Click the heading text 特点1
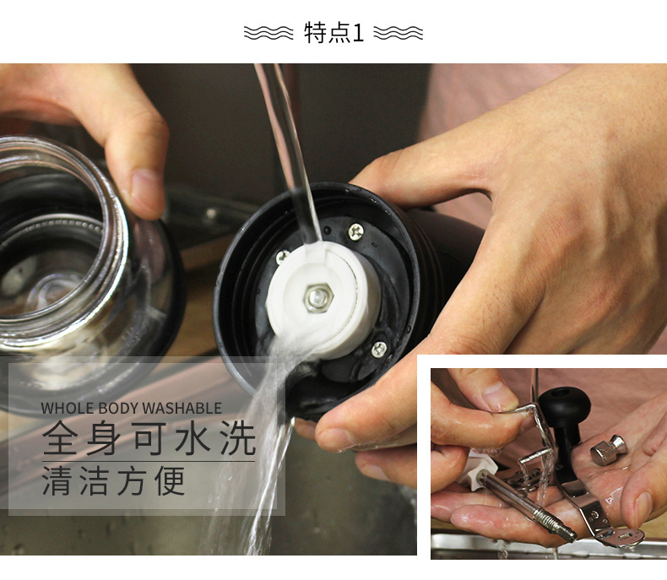coord(334,33)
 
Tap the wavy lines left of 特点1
coord(268,33)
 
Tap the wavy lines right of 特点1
coord(399,33)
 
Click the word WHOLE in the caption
coord(68,409)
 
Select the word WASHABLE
coord(182,409)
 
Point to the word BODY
coord(118,409)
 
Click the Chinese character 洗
coord(237,437)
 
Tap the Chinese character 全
coord(60,437)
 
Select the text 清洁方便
coord(114,481)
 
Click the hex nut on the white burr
coord(317,297)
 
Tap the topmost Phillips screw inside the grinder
coord(356,231)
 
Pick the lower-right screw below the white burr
coord(378,350)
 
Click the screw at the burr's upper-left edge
coord(283,257)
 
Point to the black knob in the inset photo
coord(565,404)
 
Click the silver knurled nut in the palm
coord(609,450)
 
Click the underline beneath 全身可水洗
coord(149,461)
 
